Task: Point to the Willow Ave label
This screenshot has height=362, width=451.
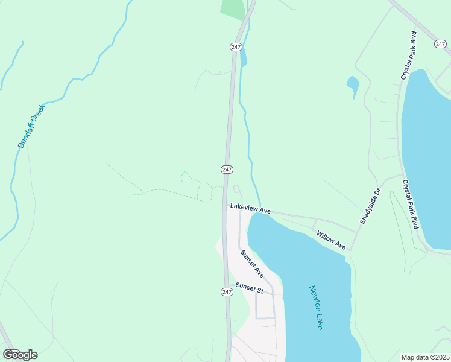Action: coord(331,240)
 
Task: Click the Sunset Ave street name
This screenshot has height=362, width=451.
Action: coord(252,264)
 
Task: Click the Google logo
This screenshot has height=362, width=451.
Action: coord(20,354)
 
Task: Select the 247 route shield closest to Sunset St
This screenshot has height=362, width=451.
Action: coord(226,292)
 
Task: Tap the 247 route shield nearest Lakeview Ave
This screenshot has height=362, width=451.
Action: coord(227,170)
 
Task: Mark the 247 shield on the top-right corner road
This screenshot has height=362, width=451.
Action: coord(441,43)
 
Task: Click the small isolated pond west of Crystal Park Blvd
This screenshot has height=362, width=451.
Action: coord(353,85)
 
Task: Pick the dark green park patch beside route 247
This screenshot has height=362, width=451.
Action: coord(234,9)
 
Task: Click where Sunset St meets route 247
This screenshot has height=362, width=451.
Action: coord(228,285)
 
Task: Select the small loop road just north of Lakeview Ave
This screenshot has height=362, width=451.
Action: coord(237,189)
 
